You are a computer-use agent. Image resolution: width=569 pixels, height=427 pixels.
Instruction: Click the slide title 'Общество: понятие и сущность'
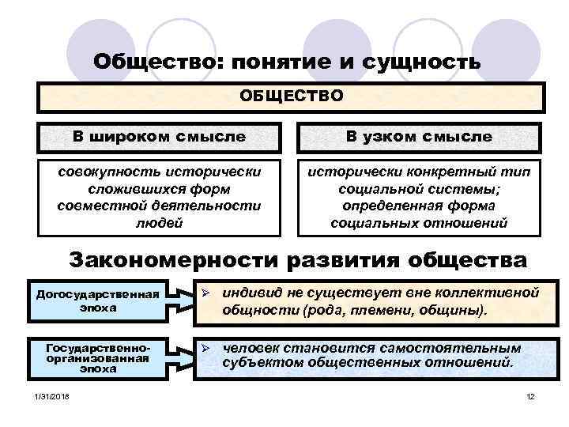click(x=285, y=61)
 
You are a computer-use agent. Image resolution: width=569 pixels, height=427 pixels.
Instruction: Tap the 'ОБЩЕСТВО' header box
click(x=292, y=96)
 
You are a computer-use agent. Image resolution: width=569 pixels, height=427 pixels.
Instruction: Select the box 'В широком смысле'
click(x=159, y=137)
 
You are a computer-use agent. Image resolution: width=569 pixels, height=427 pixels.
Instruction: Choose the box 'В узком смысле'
click(x=418, y=137)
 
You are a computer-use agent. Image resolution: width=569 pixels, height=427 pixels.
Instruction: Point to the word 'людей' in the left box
click(x=159, y=223)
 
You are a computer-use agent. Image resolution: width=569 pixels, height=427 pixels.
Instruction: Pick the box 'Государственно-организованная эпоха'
click(x=98, y=358)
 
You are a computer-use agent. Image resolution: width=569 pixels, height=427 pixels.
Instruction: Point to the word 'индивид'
click(x=246, y=293)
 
